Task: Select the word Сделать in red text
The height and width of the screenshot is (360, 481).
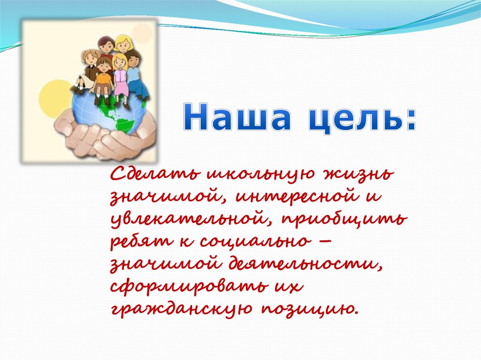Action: tap(155, 174)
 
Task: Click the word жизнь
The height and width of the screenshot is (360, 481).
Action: tap(357, 174)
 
